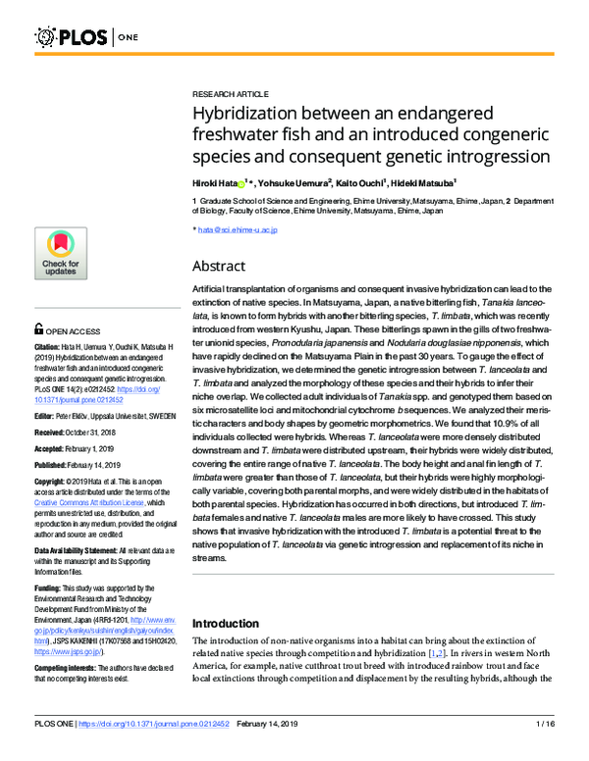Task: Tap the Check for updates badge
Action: click(62, 257)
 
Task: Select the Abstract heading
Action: click(219, 266)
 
